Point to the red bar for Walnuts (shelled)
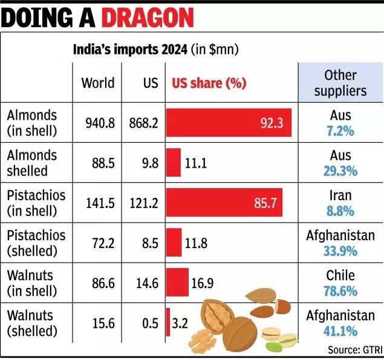click(x=168, y=323)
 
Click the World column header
click(x=97, y=83)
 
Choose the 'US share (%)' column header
click(x=209, y=83)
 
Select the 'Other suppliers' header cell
click(x=340, y=83)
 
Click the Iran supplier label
click(x=340, y=196)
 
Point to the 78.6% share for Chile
click(x=340, y=291)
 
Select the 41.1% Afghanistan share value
click(x=340, y=331)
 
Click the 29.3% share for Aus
click(x=340, y=171)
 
